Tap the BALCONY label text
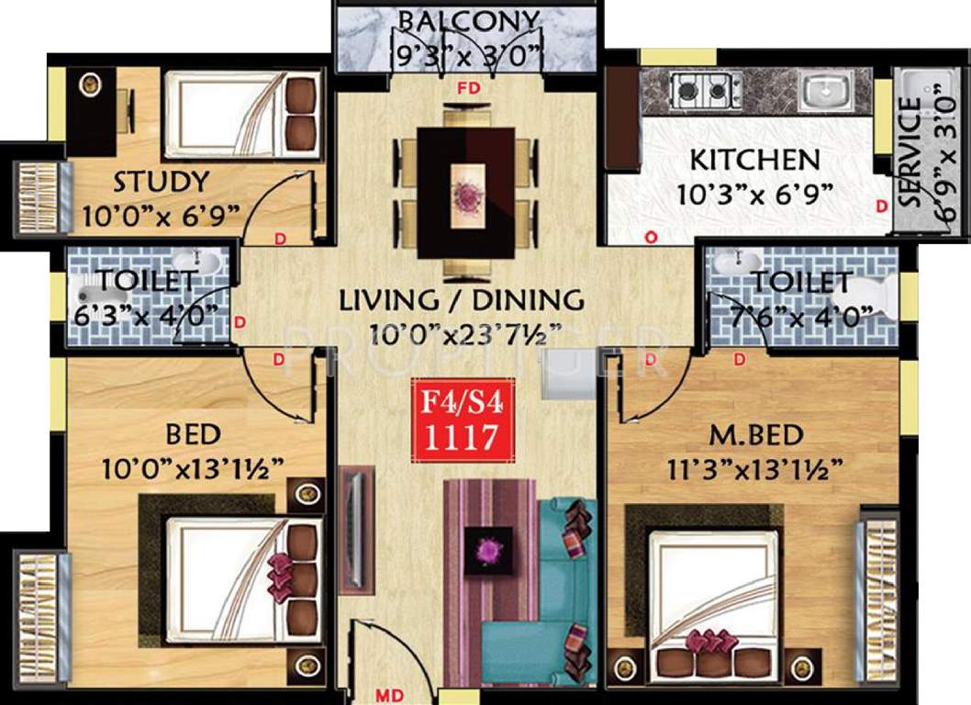(x=468, y=21)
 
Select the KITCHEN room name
(x=754, y=159)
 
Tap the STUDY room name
(x=162, y=181)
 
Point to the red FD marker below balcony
(x=468, y=88)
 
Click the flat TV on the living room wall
(x=353, y=526)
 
